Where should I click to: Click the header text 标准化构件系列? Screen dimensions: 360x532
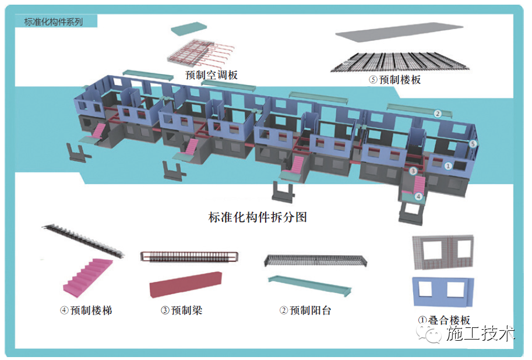click(54, 22)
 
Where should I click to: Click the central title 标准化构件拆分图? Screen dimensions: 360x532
click(257, 217)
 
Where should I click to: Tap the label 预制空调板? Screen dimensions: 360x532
click(212, 75)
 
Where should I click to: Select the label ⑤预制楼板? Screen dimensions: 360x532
click(394, 80)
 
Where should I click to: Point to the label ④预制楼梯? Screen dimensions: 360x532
click(86, 310)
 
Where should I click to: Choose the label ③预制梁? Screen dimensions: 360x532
click(181, 310)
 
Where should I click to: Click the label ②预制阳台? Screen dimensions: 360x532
click(305, 310)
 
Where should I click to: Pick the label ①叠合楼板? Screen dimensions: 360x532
click(444, 320)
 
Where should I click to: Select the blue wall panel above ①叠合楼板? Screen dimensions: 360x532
click(442, 291)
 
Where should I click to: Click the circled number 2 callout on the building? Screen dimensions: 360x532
click(437, 113)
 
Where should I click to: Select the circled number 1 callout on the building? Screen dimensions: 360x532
click(448, 165)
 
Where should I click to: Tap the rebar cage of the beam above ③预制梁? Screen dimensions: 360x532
click(189, 257)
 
